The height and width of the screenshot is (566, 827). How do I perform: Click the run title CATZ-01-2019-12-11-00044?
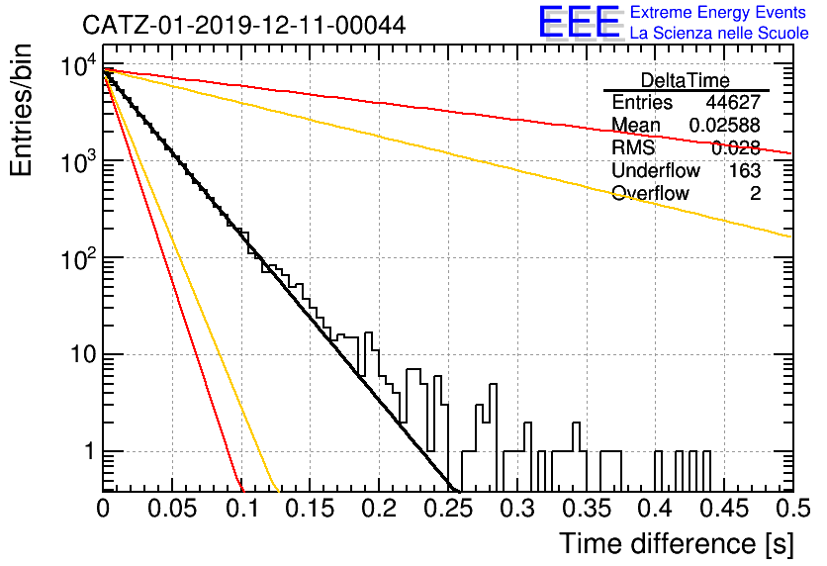[x=244, y=25]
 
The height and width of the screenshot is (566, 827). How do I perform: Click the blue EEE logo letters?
[x=579, y=22]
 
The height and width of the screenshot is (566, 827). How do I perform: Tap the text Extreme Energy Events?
[x=718, y=12]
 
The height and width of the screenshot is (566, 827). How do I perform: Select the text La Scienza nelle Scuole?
[x=719, y=33]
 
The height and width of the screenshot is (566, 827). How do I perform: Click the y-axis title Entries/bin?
[x=21, y=110]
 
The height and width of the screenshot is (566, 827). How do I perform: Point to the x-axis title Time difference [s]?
[x=677, y=543]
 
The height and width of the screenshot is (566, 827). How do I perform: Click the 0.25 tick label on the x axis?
[x=448, y=509]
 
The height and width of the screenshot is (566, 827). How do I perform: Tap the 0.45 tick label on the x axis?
[x=724, y=509]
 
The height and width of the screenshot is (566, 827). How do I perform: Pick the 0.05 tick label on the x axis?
[x=172, y=509]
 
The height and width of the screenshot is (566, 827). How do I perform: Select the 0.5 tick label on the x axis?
[x=792, y=509]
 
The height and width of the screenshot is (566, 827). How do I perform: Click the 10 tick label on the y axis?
[x=83, y=354]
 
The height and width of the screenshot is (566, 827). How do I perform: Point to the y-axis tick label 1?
[x=89, y=451]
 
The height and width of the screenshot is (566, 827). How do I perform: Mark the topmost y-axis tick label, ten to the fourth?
[x=78, y=65]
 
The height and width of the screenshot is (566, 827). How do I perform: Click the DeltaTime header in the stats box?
[x=686, y=80]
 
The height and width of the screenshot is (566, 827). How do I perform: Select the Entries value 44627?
[x=733, y=102]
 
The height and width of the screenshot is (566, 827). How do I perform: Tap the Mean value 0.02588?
[x=725, y=125]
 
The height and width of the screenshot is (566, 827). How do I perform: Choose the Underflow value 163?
[x=745, y=170]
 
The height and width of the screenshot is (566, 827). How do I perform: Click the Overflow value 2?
[x=755, y=193]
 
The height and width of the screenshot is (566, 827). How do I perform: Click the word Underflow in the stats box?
[x=656, y=170]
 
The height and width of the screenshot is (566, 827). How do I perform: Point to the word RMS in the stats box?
[x=633, y=147]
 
